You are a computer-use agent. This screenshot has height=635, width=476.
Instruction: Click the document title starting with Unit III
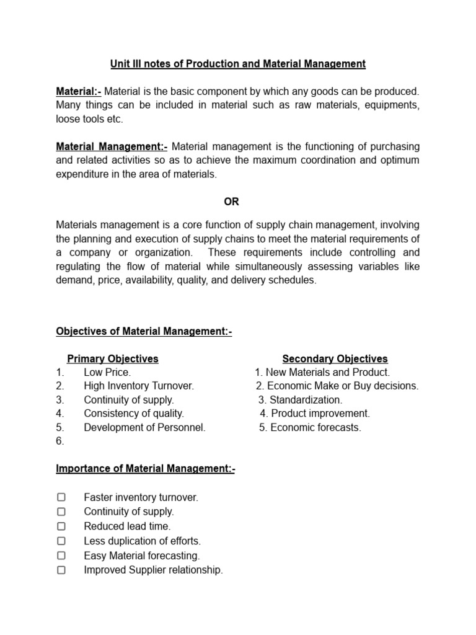[x=238, y=64]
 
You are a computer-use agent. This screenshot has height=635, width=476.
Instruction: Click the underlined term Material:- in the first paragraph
[x=79, y=92]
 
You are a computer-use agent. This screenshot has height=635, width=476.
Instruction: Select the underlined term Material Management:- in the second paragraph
[x=112, y=147]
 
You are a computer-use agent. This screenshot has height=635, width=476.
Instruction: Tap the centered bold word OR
[x=231, y=202]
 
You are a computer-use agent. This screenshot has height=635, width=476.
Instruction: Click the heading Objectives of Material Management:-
[x=144, y=332]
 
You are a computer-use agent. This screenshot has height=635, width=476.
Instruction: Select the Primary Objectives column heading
[x=113, y=359]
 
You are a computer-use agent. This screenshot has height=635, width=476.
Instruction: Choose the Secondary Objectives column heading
[x=335, y=359]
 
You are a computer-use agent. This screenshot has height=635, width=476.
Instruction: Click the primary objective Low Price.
[x=107, y=373]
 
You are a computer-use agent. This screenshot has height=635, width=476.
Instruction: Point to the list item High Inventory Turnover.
[x=139, y=386]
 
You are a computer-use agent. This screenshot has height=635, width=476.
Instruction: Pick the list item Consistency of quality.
[x=134, y=414]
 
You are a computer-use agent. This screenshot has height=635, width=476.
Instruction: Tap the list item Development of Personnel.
[x=144, y=427]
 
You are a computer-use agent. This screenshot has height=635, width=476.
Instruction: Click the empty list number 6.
[x=60, y=442]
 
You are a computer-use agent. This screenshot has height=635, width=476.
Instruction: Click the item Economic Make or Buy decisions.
[x=338, y=386]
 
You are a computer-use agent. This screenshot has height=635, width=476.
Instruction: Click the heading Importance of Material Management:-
[x=146, y=469]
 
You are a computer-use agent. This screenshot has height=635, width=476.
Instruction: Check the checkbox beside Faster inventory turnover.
[x=61, y=497]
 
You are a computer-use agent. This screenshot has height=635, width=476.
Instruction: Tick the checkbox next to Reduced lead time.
[x=61, y=526]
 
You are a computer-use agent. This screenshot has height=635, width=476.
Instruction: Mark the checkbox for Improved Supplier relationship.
[x=61, y=571]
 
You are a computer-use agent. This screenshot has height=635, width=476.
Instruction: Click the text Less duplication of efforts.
[x=143, y=541]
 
